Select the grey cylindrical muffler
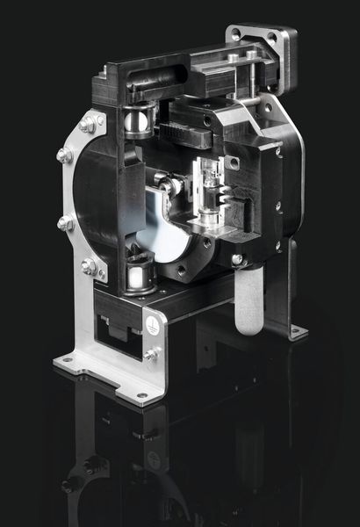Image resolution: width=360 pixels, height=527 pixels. click(x=248, y=303)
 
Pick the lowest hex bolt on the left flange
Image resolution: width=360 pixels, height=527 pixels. click(x=88, y=265)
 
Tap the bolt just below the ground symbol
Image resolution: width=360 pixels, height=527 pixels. click(x=152, y=354)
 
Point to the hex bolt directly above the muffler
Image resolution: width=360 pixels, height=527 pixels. click(x=237, y=260)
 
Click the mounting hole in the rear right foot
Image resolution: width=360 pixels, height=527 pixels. click(x=296, y=331)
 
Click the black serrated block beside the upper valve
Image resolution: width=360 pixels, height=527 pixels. click(x=185, y=136)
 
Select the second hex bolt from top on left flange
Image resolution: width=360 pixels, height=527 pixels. click(x=64, y=155)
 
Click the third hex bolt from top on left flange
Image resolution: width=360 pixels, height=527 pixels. click(x=65, y=223)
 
